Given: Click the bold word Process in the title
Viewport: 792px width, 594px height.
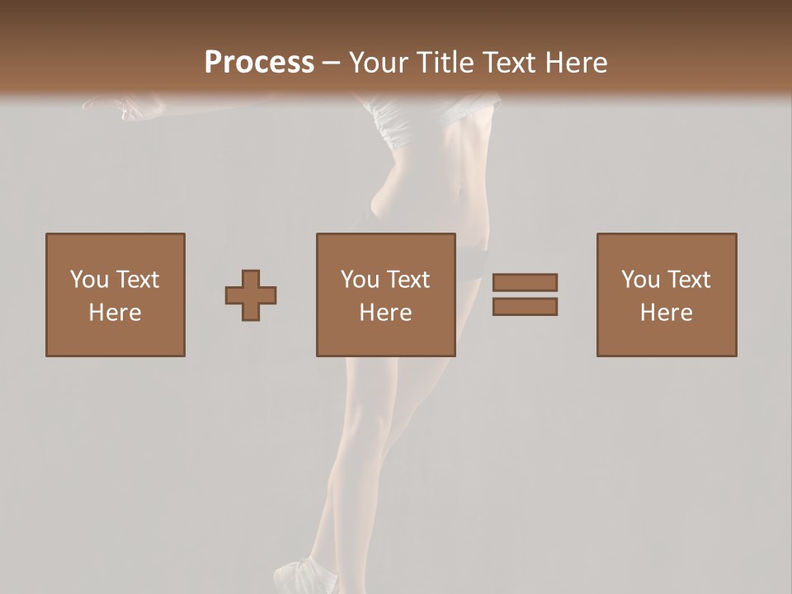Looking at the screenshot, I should point(259,63).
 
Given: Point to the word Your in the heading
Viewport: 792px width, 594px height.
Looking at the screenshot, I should point(378,63).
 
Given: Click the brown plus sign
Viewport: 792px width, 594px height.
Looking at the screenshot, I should point(251,295).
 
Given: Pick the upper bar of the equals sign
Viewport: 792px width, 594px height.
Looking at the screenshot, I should point(525,282).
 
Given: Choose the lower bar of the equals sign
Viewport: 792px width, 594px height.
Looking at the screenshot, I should point(525,307).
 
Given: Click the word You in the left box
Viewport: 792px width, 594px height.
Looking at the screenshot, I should point(88,280).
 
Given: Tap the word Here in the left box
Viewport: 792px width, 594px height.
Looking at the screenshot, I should point(115,313).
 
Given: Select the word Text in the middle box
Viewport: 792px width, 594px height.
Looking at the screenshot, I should point(408,280).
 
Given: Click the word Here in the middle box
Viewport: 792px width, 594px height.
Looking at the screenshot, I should point(385,313).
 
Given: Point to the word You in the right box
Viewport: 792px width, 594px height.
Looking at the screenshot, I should point(639,280).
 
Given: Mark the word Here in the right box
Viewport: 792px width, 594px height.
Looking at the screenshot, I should point(666,313).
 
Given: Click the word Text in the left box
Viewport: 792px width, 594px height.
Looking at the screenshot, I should point(137,280).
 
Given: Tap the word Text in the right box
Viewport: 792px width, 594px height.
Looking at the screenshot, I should point(688,280).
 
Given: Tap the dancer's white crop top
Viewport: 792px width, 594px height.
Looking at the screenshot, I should point(412,120).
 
